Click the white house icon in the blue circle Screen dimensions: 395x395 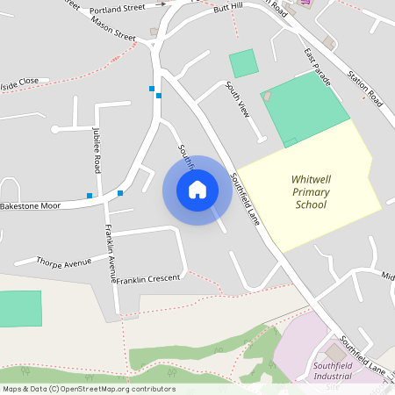coord(197,190)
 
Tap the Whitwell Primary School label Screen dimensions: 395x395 coord(311,192)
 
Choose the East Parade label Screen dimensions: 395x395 coord(318,68)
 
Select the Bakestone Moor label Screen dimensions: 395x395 coord(30,205)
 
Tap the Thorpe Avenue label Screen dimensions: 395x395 coord(64,262)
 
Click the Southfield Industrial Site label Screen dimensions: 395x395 coord(332,375)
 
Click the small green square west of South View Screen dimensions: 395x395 coord(244,63)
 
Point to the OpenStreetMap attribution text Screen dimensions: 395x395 coord(89,389)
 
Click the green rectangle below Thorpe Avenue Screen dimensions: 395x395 coord(20,309)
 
